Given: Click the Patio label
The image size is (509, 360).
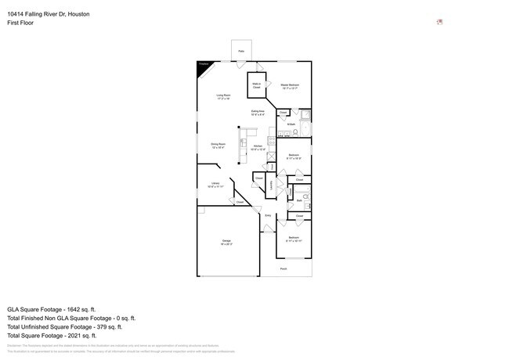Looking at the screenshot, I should (x=241, y=51).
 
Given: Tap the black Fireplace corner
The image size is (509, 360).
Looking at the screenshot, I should (x=204, y=69).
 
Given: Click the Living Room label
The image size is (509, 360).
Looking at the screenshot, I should (x=224, y=96).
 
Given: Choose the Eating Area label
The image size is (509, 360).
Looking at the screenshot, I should (x=258, y=113).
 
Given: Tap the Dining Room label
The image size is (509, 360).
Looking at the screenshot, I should (x=218, y=145).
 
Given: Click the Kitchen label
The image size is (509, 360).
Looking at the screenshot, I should (x=258, y=146).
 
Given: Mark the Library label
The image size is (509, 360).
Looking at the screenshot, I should (x=215, y=185).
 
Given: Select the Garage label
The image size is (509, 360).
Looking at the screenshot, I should (x=226, y=242).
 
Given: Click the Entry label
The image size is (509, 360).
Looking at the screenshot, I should (x=268, y=215).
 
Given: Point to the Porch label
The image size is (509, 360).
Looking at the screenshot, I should (x=283, y=268).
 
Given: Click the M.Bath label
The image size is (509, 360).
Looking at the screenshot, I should (x=291, y=125).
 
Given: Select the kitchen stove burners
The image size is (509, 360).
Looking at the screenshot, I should (x=271, y=141).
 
